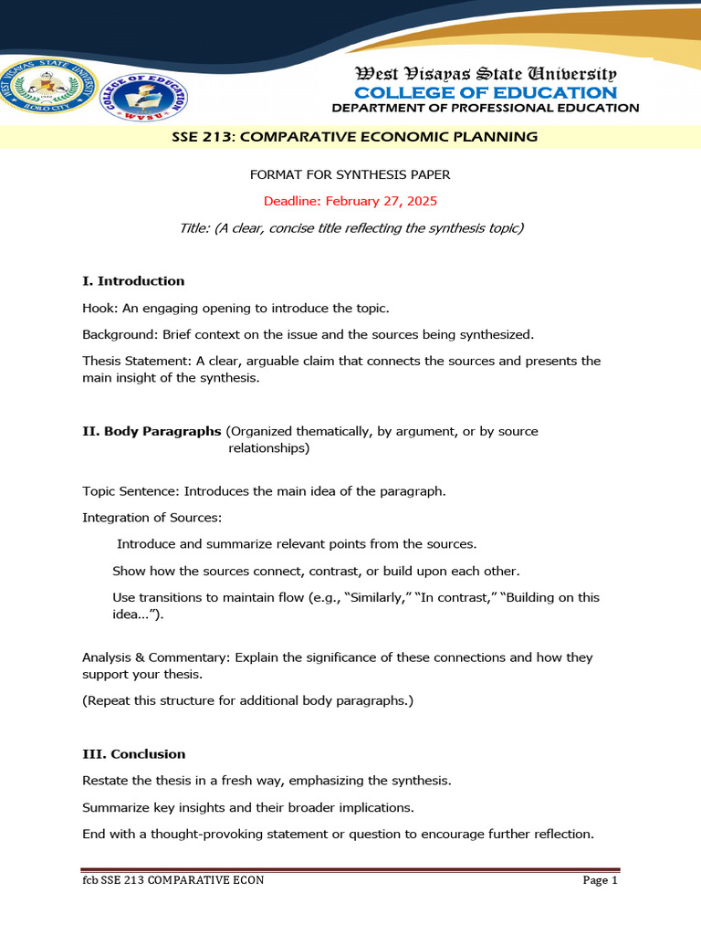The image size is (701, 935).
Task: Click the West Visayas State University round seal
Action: coord(48,95)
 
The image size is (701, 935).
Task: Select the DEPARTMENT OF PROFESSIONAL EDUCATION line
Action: coord(485,108)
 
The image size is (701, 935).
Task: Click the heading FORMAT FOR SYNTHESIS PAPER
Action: coord(350,173)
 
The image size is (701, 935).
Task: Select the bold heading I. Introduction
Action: coord(133,281)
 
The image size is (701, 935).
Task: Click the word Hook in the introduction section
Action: coord(97,309)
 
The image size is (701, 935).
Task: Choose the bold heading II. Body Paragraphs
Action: coord(152,431)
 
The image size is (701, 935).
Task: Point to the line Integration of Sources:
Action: coord(152,518)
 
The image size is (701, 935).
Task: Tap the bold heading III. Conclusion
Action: coord(133,754)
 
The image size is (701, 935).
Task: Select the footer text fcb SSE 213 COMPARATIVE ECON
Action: coord(173,881)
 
